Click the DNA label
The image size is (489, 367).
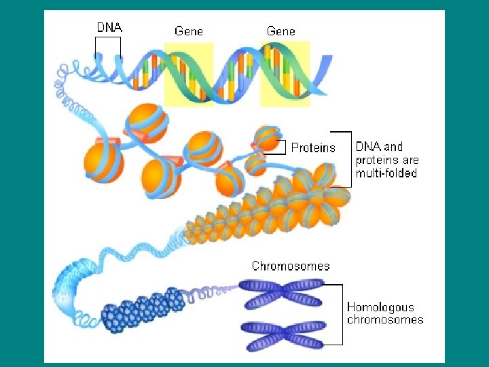[109, 28]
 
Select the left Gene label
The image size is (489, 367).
[189, 31]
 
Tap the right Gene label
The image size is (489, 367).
[281, 31]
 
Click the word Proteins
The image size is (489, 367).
[313, 147]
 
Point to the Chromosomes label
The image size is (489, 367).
[291, 266]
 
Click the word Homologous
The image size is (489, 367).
[380, 307]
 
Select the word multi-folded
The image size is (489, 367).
[386, 173]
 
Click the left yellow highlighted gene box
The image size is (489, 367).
[189, 73]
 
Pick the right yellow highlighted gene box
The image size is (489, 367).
[285, 73]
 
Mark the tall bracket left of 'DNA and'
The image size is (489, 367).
[348, 158]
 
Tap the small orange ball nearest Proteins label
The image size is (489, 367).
[267, 139]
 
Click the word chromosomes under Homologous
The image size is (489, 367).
[384, 319]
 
